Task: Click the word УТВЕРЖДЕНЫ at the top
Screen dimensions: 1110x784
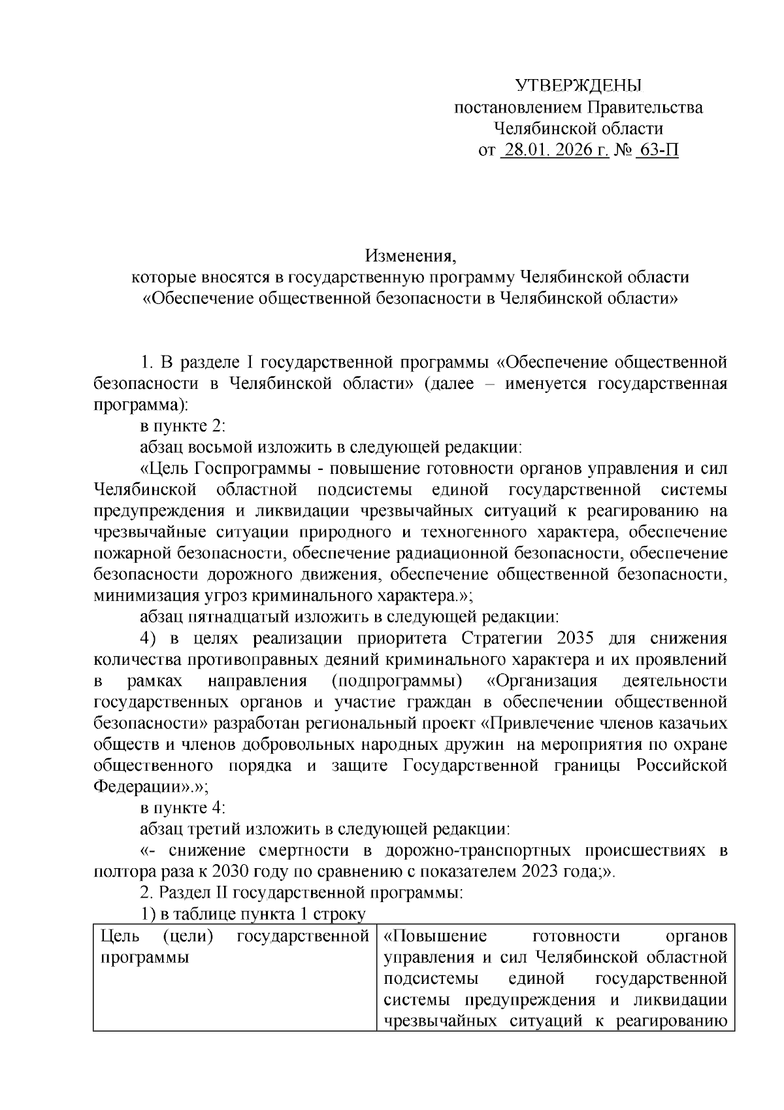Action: coord(578,86)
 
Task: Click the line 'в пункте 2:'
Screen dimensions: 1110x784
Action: coord(183,426)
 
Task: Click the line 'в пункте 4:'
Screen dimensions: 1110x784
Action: coord(183,808)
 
